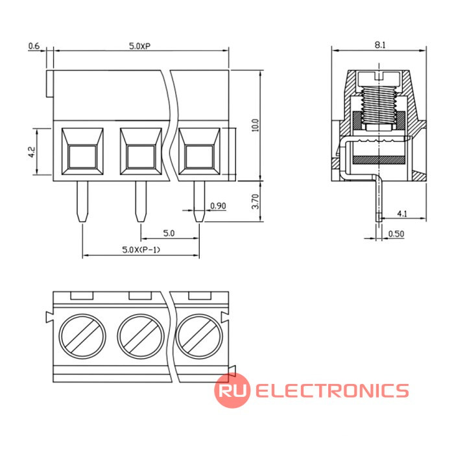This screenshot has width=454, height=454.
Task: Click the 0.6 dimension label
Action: tap(34, 46)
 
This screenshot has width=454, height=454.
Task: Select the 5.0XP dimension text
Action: tap(139, 46)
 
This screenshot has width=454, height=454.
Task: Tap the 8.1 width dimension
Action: tap(380, 45)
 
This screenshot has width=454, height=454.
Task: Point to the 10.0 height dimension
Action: tap(255, 125)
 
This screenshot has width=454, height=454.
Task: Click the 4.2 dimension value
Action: tap(32, 152)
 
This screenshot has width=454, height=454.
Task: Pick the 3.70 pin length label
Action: tap(256, 202)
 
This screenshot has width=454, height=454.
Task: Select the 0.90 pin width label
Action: tap(218, 206)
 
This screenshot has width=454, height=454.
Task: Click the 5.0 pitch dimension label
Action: tap(169, 233)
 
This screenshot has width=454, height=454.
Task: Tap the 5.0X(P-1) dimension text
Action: tap(141, 250)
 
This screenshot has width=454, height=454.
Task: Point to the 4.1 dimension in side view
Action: tap(402, 213)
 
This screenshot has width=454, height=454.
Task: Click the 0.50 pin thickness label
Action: tap(396, 233)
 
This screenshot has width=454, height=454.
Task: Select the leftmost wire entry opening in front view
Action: tap(82, 151)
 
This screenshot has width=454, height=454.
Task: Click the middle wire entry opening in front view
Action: tap(141, 151)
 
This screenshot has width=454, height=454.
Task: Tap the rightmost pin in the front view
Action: tap(199, 202)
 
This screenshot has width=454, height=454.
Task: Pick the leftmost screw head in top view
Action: tap(82, 337)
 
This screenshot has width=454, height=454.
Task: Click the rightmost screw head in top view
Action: tap(199, 337)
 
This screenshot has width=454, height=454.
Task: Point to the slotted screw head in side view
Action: tap(379, 78)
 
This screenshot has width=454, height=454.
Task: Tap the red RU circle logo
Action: tap(232, 390)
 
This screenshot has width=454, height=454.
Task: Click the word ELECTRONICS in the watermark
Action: tap(332, 390)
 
